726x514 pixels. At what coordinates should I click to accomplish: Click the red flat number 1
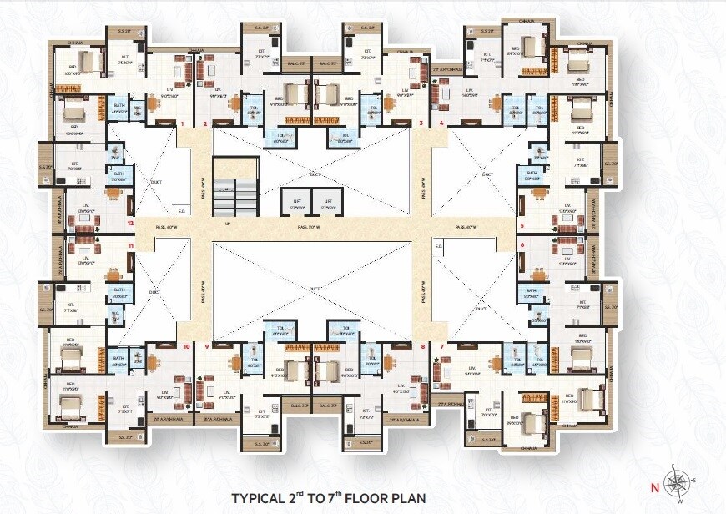pos(181,123)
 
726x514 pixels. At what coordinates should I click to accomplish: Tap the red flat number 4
pos(441,123)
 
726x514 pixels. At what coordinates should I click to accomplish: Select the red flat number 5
pos(522,225)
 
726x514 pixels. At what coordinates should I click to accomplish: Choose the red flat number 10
pos(186,345)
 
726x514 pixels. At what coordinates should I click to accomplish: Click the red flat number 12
pos(130,224)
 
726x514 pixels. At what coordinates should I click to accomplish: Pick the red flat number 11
pos(130,247)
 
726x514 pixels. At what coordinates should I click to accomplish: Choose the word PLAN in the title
pos(406,498)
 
